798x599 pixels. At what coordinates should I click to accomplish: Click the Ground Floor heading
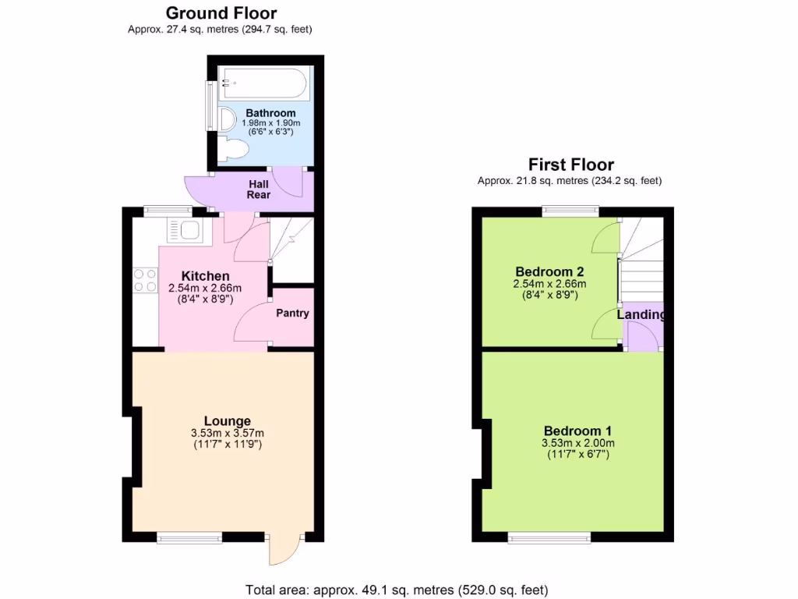pos(221,13)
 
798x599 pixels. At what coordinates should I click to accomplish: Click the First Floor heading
pos(570,165)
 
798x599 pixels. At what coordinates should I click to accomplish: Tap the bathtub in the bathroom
pos(263,83)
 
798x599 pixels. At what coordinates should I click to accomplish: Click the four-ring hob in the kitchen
pos(145,280)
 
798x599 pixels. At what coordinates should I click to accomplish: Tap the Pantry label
pos(293,314)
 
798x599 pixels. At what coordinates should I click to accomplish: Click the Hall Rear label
pos(259,190)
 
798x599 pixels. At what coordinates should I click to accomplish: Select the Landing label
pos(641,315)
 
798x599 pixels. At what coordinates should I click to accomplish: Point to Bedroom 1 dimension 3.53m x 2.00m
pos(577,443)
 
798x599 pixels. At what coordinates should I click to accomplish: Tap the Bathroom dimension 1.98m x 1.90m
pos(270,123)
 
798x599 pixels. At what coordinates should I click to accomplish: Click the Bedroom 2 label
pos(549,272)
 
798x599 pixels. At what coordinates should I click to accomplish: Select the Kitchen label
pos(205,276)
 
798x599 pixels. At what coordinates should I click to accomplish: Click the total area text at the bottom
pos(397,590)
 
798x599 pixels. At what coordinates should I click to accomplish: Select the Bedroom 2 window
pos(570,210)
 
